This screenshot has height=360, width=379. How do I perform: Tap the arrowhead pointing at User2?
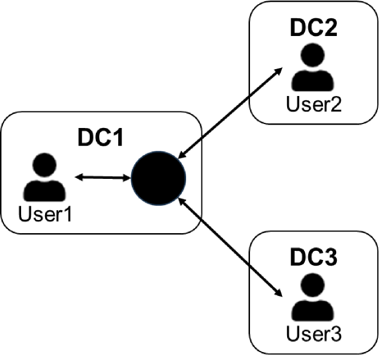pyautogui.click(x=281, y=70)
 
